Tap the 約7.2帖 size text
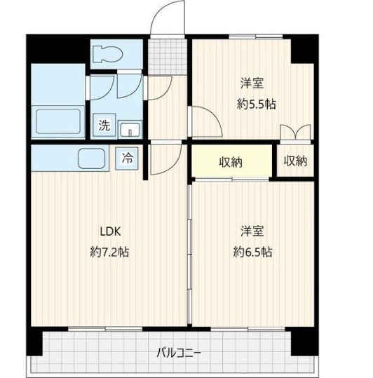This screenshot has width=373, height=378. (x=110, y=252)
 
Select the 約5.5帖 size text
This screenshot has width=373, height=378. (x=257, y=104)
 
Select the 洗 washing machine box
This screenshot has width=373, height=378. (x=104, y=126)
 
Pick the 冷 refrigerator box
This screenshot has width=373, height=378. (x=128, y=158)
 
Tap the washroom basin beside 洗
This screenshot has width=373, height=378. (x=129, y=128)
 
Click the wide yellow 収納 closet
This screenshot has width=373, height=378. (x=231, y=162)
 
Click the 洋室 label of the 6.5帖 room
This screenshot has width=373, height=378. (x=252, y=231)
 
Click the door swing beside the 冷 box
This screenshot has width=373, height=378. (x=159, y=160)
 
